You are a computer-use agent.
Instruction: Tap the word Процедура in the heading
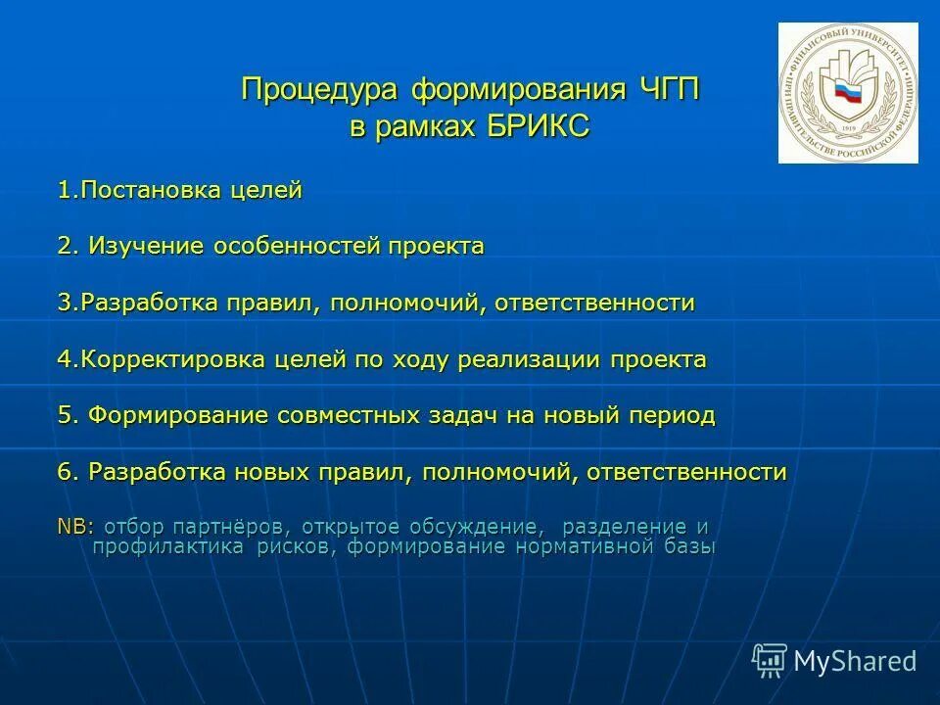pyautogui.click(x=321, y=91)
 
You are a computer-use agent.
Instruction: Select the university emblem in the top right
pyautogui.click(x=848, y=93)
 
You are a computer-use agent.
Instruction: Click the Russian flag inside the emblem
pyautogui.click(x=844, y=95)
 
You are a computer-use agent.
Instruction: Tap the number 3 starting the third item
pyautogui.click(x=64, y=303)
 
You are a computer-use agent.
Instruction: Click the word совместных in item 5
pyautogui.click(x=348, y=415)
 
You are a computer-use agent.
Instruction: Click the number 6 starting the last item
pyautogui.click(x=65, y=472)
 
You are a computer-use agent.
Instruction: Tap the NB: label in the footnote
pyautogui.click(x=75, y=527)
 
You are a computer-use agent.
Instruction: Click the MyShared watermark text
pyautogui.click(x=855, y=661)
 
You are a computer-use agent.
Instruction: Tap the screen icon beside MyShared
pyautogui.click(x=770, y=661)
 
